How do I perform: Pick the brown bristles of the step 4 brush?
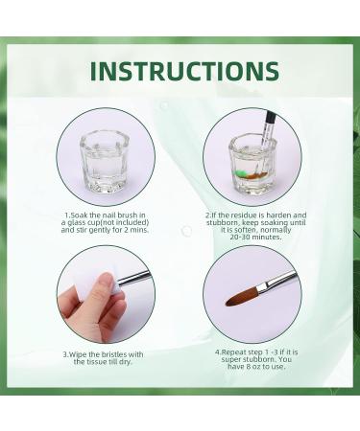(x=243, y=296)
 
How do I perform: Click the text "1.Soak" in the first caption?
(x=77, y=215)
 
